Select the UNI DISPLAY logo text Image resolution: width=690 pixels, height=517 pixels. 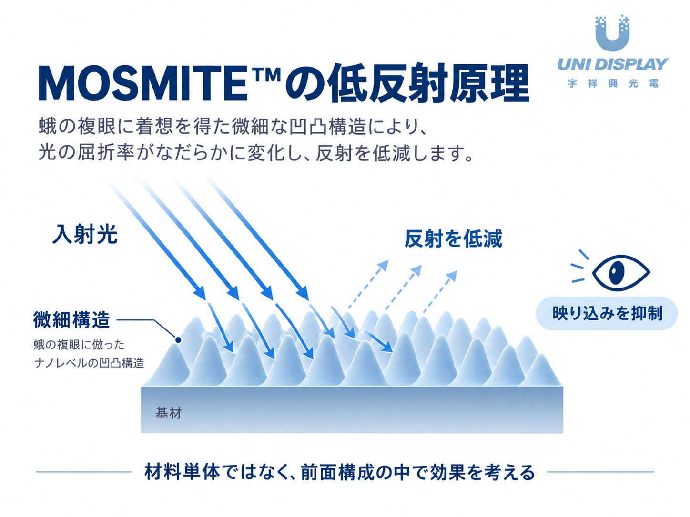click(x=613, y=64)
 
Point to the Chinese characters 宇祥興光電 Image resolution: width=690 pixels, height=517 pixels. click(x=613, y=83)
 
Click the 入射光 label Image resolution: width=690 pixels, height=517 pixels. click(x=85, y=234)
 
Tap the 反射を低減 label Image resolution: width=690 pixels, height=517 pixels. click(x=453, y=239)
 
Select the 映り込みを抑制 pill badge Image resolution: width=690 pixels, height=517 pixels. click(x=607, y=313)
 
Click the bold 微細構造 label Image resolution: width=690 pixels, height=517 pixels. click(x=71, y=320)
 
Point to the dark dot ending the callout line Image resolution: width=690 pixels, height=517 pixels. click(x=178, y=340)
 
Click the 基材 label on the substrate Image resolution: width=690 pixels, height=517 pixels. click(x=169, y=413)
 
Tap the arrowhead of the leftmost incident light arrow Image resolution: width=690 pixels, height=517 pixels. click(x=199, y=293)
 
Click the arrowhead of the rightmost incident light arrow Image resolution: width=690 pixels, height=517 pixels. click(x=303, y=293)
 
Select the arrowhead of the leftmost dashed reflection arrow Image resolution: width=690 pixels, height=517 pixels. click(x=383, y=266)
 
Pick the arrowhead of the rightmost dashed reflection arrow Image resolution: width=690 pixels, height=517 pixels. click(x=452, y=276)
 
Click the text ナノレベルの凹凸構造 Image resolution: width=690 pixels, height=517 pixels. click(x=89, y=363)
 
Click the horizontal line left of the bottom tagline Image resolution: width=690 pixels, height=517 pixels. click(x=83, y=472)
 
